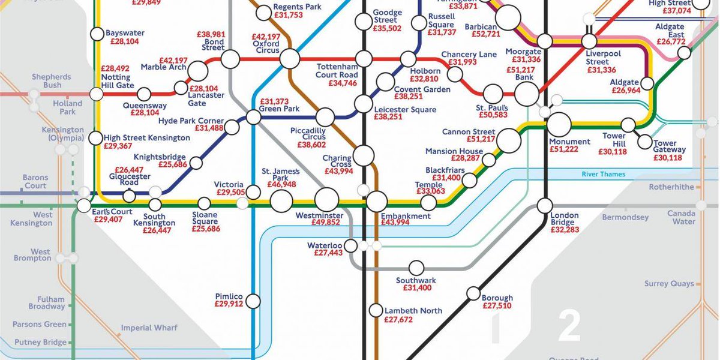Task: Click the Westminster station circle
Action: coord(327,200)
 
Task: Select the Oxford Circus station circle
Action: coord(290,59)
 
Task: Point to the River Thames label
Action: coord(603,175)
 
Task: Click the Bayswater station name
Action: coord(125,32)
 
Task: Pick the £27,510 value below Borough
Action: coord(497,306)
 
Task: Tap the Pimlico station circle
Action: coord(254,301)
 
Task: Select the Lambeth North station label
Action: coord(413,311)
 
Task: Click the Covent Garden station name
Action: coord(422,89)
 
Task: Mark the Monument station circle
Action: coord(559,125)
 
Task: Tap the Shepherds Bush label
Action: coord(52,81)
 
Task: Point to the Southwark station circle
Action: coord(416,267)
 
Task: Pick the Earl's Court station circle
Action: coord(83,205)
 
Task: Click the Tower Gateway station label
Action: coord(669,147)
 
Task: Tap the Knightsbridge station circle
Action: coord(196,163)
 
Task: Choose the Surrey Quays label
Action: coord(669,284)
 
